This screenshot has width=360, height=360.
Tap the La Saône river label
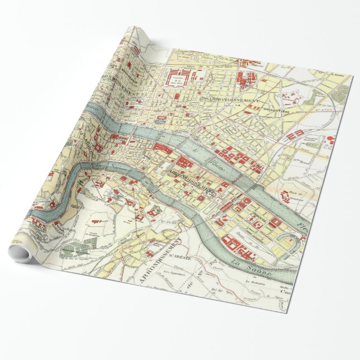(x=259, y=273)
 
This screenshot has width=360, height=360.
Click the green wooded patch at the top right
(x=317, y=100)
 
